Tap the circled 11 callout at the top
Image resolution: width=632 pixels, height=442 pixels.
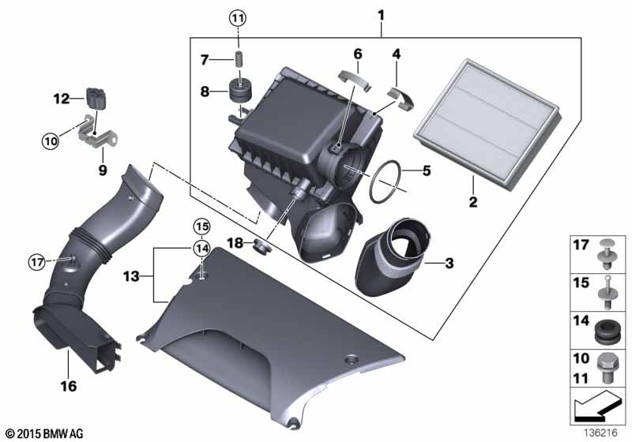pos(238,17)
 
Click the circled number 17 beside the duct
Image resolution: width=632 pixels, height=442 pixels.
pos(37,263)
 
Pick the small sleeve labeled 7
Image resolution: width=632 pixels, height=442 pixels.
pos(239,59)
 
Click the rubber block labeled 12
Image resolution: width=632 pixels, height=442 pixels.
pos(96,98)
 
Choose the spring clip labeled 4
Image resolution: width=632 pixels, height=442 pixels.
pos(401,98)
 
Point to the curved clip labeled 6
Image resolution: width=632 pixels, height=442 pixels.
pos(355,79)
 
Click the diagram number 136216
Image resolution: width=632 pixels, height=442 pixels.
pos(600,433)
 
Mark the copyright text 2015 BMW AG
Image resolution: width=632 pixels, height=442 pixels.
pos(45,433)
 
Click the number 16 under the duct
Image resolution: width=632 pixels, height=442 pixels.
pos(69,386)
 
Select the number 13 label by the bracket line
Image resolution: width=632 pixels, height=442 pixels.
pos(131,276)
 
